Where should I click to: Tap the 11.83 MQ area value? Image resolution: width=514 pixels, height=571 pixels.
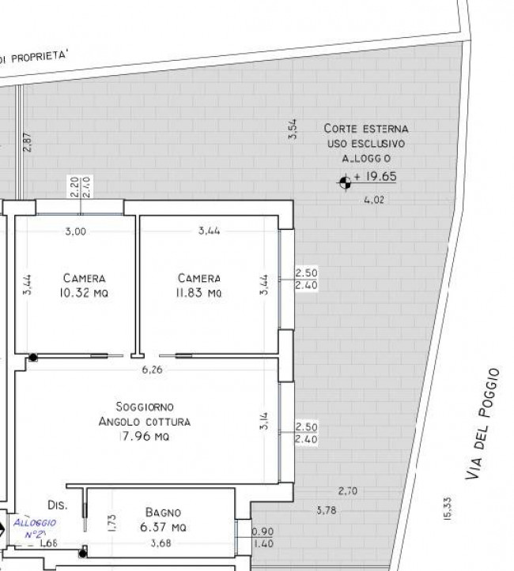199,294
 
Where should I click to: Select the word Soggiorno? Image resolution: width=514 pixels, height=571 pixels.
145,407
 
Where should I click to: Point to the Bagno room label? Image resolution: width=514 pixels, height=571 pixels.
164,512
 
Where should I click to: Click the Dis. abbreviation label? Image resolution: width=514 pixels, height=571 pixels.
56,504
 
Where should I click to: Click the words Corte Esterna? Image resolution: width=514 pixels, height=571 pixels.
366,128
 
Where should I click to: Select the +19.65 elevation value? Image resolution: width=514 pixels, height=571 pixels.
375,177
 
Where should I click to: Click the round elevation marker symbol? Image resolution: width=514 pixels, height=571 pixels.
345,182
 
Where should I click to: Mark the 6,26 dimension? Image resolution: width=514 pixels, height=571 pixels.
151,369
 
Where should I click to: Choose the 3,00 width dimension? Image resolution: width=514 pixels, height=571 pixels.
75,231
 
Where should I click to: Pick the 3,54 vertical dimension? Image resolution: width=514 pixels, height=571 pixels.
293,130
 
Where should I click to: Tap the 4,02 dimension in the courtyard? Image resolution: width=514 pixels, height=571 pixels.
373,201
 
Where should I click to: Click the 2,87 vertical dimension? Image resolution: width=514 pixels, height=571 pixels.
28,142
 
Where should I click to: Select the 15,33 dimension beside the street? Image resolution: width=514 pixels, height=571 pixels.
447,509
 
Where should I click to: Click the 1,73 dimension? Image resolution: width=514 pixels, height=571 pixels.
111,521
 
